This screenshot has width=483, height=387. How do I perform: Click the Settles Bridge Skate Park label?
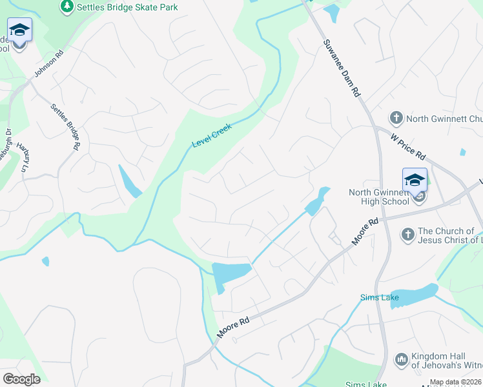127,7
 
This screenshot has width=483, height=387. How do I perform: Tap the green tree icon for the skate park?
67,6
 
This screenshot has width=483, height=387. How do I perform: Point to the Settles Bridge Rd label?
65,126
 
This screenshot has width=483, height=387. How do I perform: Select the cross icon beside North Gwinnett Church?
395,118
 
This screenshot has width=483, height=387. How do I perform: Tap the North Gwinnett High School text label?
378,197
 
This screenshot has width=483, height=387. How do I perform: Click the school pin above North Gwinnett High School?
415,180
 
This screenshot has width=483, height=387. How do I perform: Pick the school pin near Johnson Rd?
19,30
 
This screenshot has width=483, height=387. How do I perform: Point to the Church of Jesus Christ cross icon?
407,234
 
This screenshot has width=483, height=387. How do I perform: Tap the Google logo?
21,379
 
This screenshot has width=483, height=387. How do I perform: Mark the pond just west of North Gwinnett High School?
317,201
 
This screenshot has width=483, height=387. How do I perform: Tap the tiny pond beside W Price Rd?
463,153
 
